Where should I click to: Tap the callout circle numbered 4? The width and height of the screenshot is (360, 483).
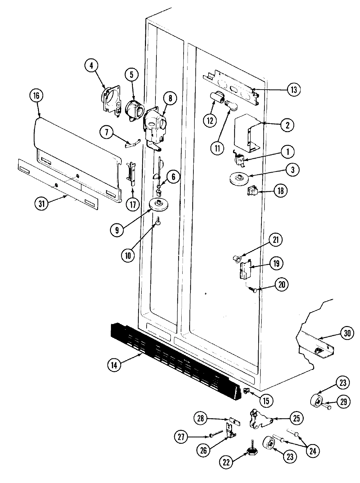(91, 66)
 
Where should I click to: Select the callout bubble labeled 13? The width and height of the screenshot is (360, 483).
(294, 89)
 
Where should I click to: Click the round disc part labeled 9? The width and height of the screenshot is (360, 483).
(160, 205)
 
